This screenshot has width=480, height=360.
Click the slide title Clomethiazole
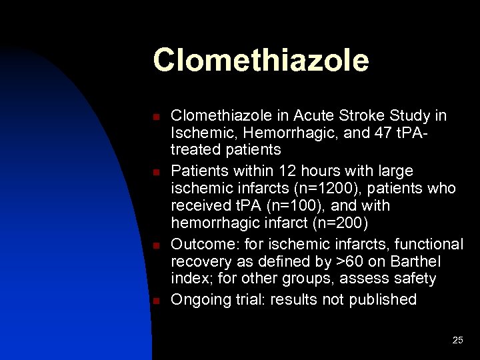pos(260,60)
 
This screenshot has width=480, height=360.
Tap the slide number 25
pos(457,340)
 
